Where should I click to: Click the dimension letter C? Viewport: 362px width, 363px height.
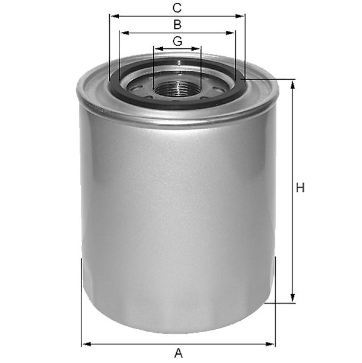[177, 8]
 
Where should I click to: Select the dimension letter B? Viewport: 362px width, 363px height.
[177, 25]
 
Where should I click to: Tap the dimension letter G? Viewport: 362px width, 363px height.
[177, 41]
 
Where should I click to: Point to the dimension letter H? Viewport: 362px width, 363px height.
[300, 188]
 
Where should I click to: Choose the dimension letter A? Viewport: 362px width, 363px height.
[178, 353]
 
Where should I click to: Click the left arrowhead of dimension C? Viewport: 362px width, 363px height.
[115, 16]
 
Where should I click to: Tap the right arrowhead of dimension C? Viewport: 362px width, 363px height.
[240, 16]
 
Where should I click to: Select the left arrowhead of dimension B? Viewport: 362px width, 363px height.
[125, 33]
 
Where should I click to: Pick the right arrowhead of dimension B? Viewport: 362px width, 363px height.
[230, 33]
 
